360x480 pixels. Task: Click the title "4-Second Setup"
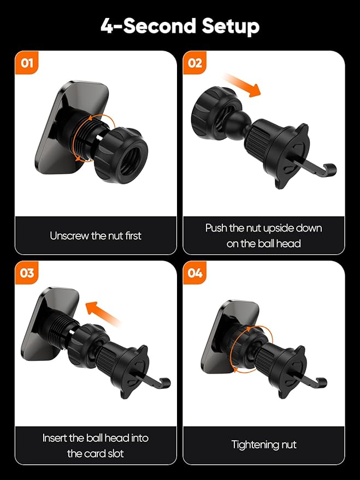pos(180,27)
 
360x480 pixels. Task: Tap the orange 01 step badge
pos(27,63)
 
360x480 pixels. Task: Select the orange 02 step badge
pos(194,63)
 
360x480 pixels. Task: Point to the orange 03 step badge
pos(27,272)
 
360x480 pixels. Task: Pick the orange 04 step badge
pos(194,272)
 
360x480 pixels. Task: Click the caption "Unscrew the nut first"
pos(96,236)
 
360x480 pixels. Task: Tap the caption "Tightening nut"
pos(264,445)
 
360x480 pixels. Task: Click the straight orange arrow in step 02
pos(242,85)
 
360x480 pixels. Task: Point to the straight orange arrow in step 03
pos(103,313)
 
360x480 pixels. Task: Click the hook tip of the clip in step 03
pos(166,383)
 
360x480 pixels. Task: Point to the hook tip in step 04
pos(322,383)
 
